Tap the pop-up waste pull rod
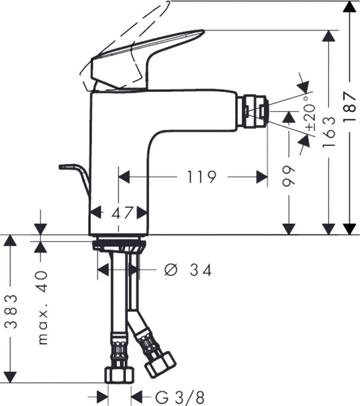tap(76, 177)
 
